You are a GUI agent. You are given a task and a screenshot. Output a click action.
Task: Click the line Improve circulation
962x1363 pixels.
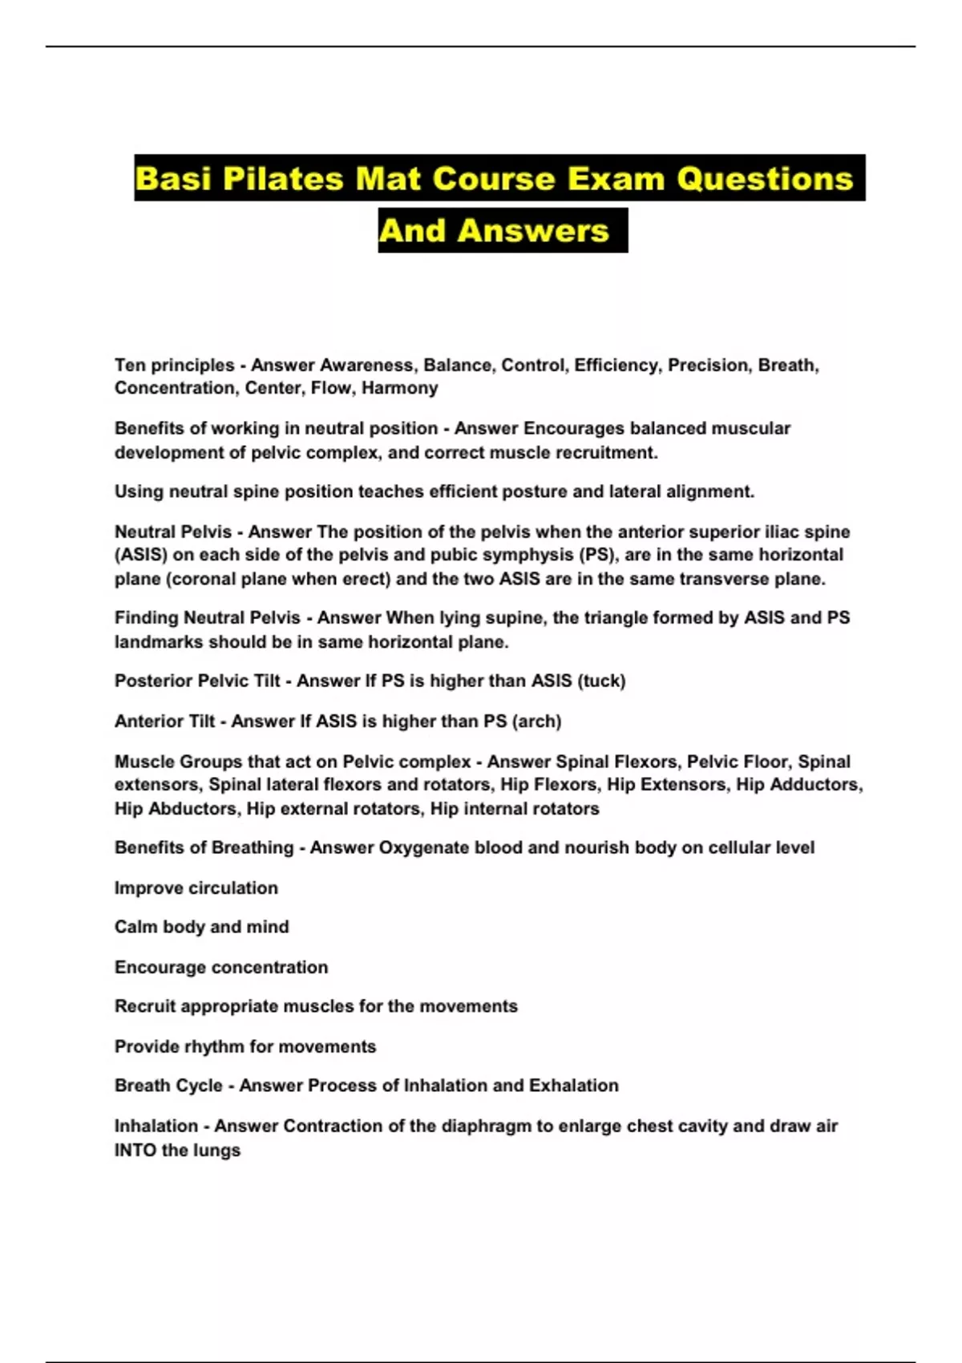(x=196, y=888)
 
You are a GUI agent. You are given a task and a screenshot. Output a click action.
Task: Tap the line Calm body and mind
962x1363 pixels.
(x=202, y=927)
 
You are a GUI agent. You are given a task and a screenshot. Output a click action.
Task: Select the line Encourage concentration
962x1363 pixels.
(x=221, y=968)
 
